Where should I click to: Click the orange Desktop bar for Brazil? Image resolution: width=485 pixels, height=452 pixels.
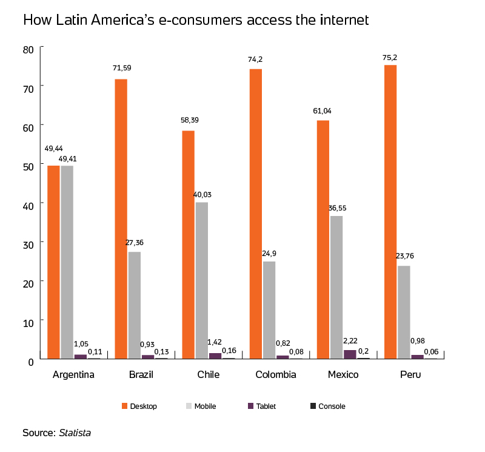[x=121, y=218]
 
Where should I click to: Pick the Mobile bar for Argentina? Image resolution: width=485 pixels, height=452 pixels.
[x=67, y=261]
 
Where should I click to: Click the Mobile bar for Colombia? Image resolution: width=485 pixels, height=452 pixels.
[x=269, y=309]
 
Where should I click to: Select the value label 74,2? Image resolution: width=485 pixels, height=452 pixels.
[x=255, y=59]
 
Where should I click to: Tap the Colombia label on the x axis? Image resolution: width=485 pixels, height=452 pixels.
[x=275, y=375]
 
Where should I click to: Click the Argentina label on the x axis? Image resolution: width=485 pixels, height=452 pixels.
[x=73, y=375]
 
